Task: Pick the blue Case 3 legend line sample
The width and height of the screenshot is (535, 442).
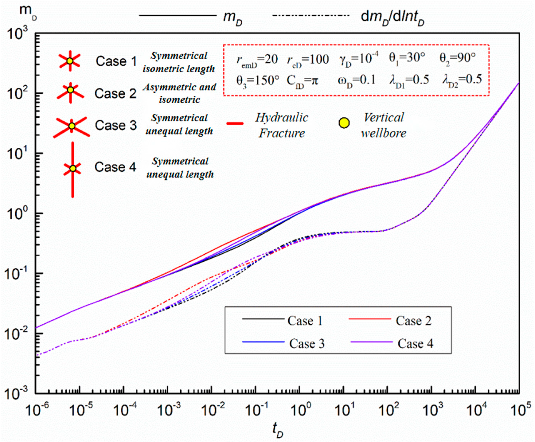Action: click(263, 342)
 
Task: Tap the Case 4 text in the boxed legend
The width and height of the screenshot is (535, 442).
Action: click(415, 344)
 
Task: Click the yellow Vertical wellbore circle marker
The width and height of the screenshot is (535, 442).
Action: click(344, 123)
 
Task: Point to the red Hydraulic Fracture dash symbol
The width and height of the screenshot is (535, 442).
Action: click(235, 124)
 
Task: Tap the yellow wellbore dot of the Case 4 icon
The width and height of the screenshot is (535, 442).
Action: click(73, 169)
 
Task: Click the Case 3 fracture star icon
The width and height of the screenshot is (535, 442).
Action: click(72, 126)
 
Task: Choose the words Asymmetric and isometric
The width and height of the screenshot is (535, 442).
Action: click(179, 93)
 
